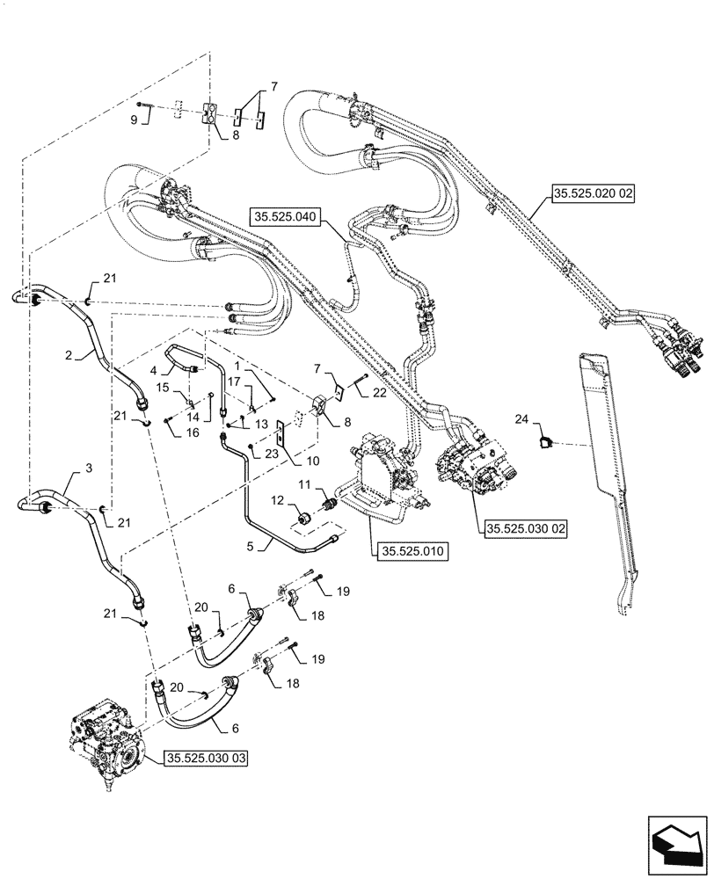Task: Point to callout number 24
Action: (521, 421)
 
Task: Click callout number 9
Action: (135, 120)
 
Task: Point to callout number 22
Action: (379, 393)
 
